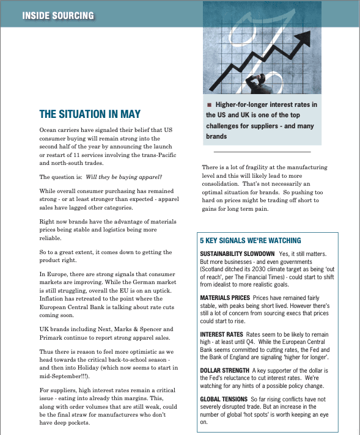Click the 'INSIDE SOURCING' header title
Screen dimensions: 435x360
58,15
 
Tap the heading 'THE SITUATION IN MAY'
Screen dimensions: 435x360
90,114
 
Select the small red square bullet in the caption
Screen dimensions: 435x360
210,105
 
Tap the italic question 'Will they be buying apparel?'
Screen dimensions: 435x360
124,177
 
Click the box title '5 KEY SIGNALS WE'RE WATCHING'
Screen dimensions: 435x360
250,240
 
